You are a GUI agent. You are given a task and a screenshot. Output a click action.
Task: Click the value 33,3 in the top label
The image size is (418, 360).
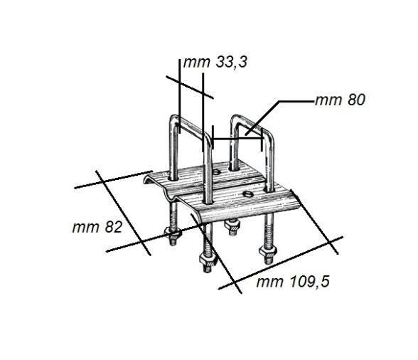[x=228, y=63]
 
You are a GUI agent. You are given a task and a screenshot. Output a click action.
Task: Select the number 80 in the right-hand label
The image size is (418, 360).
[x=354, y=100]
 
